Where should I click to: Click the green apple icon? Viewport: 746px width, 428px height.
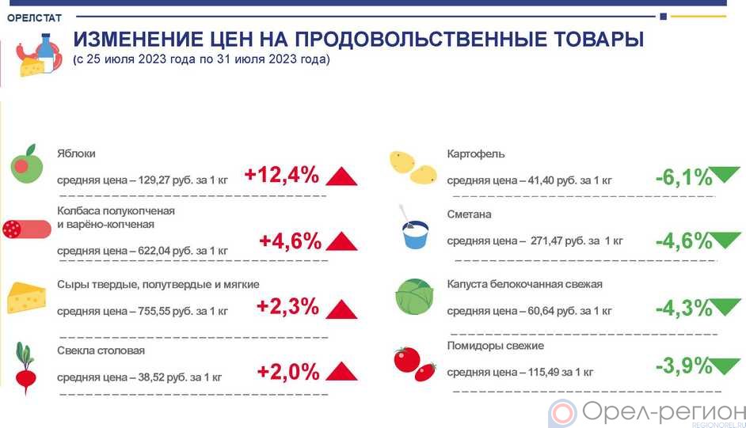[x=27, y=164]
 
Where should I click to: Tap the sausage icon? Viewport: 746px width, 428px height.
[x=27, y=229]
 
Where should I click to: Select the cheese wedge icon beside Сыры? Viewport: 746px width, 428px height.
[x=27, y=297]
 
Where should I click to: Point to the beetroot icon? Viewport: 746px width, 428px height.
[x=25, y=368]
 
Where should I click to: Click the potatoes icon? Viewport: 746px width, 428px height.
[x=413, y=167]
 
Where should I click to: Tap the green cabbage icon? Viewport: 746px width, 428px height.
[x=414, y=297]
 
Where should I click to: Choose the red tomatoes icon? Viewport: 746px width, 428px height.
[x=414, y=364]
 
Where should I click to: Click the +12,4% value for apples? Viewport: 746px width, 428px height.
[x=282, y=175]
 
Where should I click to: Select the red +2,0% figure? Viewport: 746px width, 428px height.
[x=288, y=372]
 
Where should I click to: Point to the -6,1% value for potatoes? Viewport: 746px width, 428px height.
[x=683, y=178]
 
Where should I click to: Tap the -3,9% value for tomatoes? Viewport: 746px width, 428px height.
[x=683, y=366]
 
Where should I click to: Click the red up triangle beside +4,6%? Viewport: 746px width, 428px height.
[x=341, y=241]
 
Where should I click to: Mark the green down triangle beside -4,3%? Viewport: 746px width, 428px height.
[x=726, y=306]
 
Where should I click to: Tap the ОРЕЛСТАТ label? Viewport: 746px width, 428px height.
[x=34, y=18]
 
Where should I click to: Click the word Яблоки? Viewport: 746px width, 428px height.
[x=76, y=153]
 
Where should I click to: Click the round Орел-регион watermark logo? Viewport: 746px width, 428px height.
[x=563, y=414]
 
